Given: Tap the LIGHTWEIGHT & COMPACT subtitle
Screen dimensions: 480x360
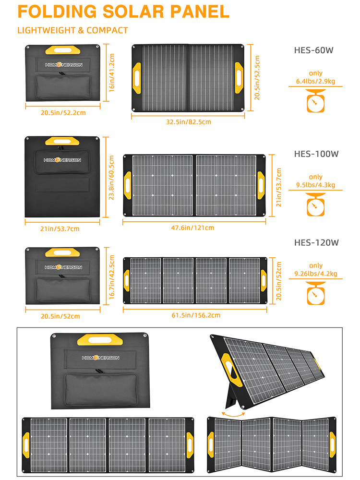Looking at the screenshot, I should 72,30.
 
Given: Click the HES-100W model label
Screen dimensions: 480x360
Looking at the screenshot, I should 316,154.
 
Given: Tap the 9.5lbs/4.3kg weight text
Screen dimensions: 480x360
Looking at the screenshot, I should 315,185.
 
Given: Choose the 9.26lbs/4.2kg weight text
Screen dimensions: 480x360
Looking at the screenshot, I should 316,274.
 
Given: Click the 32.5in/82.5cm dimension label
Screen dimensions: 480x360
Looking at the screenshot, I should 188,122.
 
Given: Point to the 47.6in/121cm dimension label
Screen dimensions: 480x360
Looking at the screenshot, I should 194,228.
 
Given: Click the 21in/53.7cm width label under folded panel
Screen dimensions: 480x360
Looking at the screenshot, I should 62,229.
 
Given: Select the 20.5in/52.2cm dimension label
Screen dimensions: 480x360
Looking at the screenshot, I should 62,113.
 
